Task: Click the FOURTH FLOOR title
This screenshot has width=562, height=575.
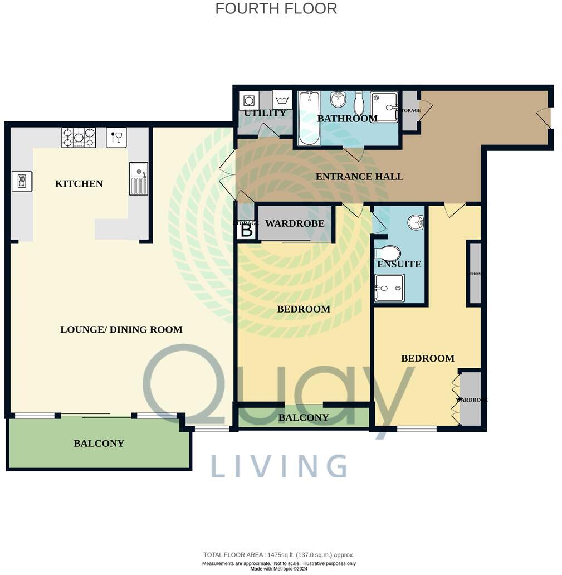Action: pos(276,9)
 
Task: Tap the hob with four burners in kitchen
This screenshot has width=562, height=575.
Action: pos(79,138)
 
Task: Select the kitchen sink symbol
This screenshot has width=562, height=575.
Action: pos(139,178)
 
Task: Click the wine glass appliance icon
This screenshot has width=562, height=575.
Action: pos(116,137)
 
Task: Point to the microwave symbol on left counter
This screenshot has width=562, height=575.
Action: pos(22,182)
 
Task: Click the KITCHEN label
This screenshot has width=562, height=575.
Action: pos(79,184)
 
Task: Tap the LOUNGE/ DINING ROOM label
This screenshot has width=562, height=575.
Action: pos(121,330)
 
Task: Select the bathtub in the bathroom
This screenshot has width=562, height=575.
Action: pos(308,118)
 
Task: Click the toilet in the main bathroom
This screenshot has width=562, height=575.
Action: pos(359,103)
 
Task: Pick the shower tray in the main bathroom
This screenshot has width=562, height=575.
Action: pos(384,107)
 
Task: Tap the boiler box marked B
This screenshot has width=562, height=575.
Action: pos(247,230)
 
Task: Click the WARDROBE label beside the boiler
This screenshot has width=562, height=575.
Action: pos(295,224)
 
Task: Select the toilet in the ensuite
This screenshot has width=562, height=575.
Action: pos(388,253)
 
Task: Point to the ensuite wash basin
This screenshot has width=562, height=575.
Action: pos(416,223)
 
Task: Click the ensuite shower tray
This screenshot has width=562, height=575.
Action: pos(389,288)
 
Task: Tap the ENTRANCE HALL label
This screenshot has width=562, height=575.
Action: pos(359,177)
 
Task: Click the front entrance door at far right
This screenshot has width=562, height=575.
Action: pos(545,118)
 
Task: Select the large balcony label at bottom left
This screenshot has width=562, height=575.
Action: pos(99,444)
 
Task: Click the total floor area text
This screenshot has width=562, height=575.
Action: pos(278,555)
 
